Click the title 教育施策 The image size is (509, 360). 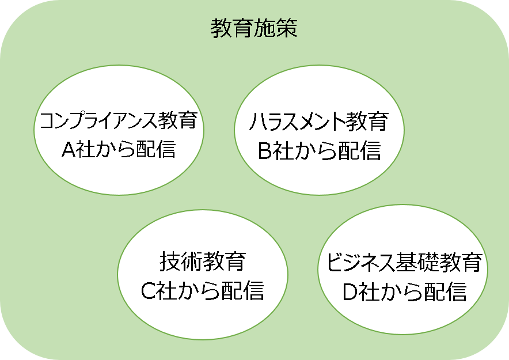(254, 28)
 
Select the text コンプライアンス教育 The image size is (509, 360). (119, 120)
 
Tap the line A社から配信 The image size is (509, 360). (119, 149)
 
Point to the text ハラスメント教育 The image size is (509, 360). (319, 122)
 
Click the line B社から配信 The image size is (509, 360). (320, 150)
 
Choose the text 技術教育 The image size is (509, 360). (202, 262)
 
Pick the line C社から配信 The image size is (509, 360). (202, 290)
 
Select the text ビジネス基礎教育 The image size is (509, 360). (404, 262)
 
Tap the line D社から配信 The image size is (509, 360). (404, 291)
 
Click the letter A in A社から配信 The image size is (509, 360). (69, 150)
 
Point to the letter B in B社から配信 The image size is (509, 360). (265, 151)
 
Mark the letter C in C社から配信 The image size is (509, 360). (148, 290)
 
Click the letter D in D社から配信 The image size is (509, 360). (350, 292)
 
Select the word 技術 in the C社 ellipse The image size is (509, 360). (180, 262)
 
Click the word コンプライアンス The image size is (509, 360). (98, 120)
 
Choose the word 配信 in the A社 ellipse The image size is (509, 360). (156, 149)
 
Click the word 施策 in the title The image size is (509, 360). (276, 28)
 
